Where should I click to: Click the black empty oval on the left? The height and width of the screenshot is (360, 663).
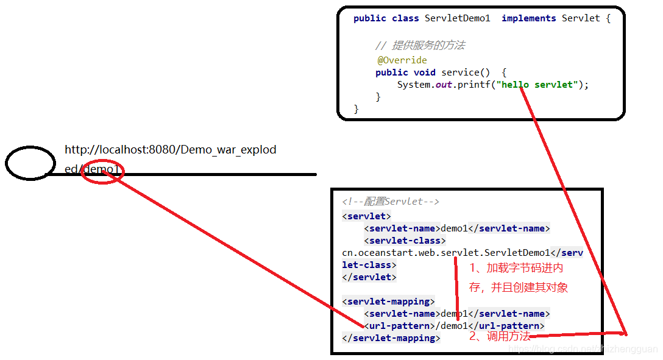30,163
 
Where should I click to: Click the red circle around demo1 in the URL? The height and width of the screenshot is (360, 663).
103,171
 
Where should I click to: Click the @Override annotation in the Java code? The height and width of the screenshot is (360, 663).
402,60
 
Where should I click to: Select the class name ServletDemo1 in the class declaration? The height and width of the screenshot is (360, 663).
457,18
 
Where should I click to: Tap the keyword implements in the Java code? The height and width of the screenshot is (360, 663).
528,18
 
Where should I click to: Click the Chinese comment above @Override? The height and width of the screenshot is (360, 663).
420,46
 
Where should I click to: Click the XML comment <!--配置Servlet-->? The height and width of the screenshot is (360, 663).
391,202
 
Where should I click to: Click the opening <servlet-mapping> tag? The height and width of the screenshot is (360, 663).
388,302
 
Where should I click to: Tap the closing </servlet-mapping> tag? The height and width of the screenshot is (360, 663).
391,338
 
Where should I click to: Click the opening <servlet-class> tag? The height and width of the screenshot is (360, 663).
405,241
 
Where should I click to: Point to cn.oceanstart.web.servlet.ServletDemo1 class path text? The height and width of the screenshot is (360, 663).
445,253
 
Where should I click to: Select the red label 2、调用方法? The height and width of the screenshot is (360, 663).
499,336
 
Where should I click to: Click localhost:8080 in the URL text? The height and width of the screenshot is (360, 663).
135,150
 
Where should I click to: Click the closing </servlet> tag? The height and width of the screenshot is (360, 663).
369,277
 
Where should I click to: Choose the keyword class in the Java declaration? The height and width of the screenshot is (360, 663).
405,18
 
